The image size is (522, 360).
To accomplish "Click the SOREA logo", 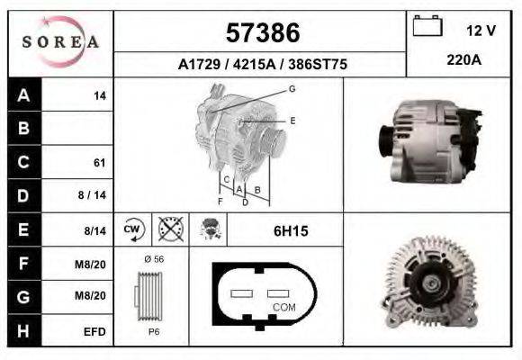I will point(60,43).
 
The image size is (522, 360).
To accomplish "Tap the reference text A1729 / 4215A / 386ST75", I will point(262,65).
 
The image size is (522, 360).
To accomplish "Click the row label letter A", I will point(24,95).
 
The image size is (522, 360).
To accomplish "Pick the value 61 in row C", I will point(100,163).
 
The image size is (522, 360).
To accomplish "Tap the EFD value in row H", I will point(94,331).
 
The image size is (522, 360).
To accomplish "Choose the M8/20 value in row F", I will point(93,264).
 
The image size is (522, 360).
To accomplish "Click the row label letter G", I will point(24,297).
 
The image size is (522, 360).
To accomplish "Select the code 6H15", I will point(290,231).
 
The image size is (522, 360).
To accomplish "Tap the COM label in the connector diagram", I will point(283,308).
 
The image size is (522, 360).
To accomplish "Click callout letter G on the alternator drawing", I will point(292,89).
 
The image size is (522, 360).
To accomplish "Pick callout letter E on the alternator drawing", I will point(292,120).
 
